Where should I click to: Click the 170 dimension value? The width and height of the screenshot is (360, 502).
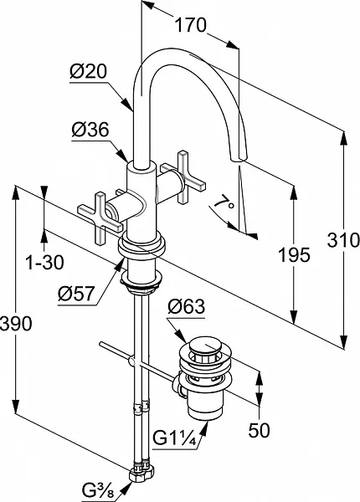pyautogui.click(x=191, y=25)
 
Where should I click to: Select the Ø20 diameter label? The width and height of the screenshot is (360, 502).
pyautogui.click(x=88, y=71)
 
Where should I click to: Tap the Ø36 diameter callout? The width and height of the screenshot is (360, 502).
pyautogui.click(x=90, y=130)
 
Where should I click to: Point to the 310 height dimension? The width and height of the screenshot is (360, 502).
pyautogui.click(x=343, y=240)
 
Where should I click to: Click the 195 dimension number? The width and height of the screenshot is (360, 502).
pyautogui.click(x=294, y=255)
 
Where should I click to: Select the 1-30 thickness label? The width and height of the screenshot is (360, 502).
pyautogui.click(x=44, y=263)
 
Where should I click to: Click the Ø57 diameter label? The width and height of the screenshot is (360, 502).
pyautogui.click(x=76, y=294)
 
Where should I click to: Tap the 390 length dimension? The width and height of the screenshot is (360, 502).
pyautogui.click(x=16, y=323)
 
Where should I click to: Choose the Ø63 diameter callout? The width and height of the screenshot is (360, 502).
pyautogui.click(x=186, y=306)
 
